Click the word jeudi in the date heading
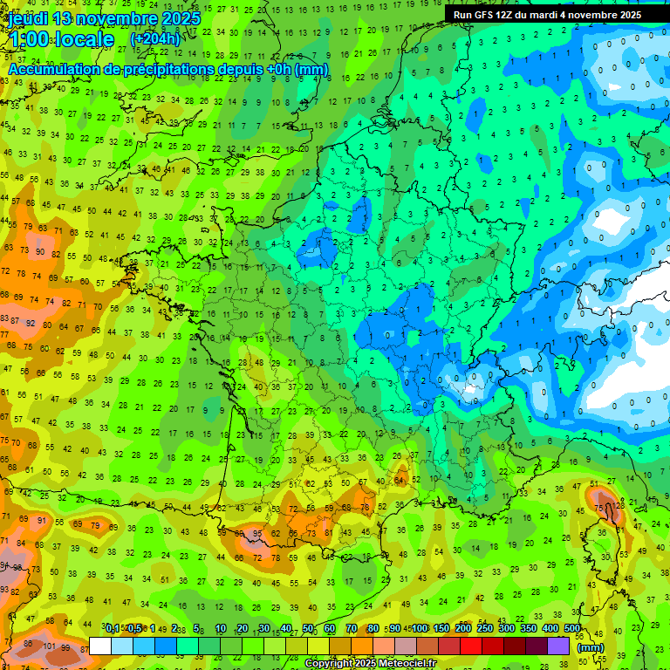point(27,18)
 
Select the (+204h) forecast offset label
point(155,39)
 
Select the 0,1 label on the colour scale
point(113,629)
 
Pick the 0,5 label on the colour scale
point(133,629)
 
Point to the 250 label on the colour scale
point(485,629)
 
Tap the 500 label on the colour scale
point(572,629)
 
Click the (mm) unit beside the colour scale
point(591,647)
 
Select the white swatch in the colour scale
point(100,646)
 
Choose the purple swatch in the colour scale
point(558,646)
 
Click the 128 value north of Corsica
point(619,506)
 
